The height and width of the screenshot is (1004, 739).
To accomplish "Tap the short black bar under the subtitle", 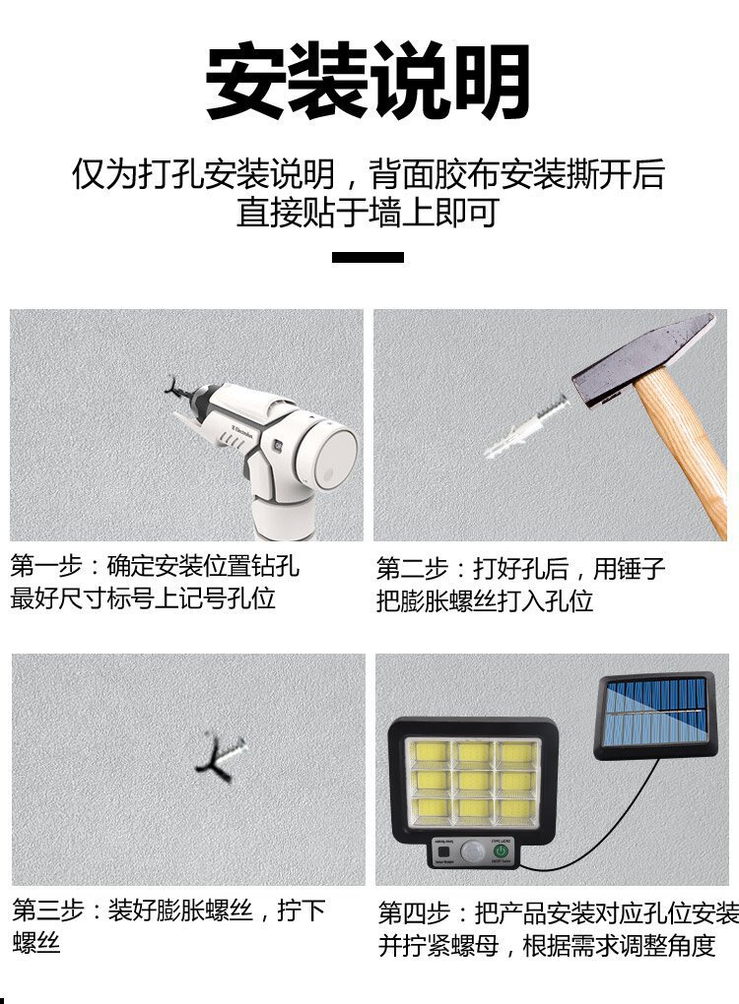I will coord(369,258).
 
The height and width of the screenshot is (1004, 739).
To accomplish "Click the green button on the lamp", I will coord(501,850).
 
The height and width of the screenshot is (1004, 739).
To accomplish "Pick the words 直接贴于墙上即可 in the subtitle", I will coord(369,213).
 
